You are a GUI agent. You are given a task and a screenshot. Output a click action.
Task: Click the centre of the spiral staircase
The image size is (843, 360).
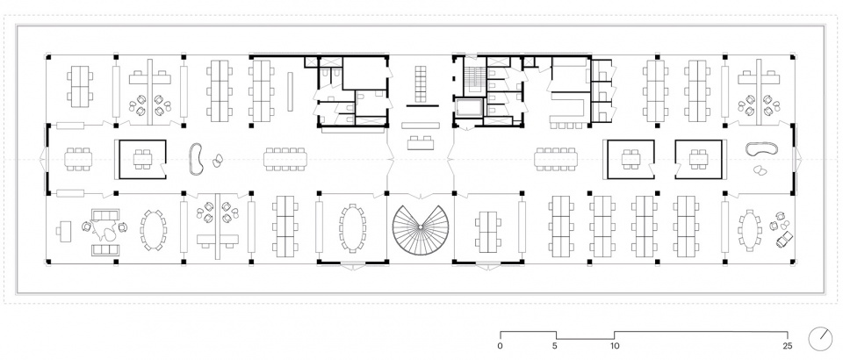point(420,229)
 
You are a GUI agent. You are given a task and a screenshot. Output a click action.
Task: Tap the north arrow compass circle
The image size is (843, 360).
point(820,339)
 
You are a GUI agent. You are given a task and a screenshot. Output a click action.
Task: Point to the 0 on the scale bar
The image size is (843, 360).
point(501,346)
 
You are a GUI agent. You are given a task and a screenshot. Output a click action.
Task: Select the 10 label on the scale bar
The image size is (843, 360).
point(615,346)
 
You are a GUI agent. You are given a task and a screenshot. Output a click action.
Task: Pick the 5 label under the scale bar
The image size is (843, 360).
point(556,346)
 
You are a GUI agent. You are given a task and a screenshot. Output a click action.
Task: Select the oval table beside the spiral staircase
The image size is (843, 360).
point(353,227)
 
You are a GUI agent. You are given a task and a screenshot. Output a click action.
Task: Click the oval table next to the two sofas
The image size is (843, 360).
point(153,230)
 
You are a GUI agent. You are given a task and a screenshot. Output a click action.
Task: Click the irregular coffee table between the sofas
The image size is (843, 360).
point(104,230)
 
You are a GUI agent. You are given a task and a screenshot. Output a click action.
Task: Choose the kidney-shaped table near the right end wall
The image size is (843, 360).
point(762,150)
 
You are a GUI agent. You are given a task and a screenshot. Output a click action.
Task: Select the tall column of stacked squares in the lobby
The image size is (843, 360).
point(421,83)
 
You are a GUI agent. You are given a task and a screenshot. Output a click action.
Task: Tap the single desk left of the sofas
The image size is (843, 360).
point(64,231)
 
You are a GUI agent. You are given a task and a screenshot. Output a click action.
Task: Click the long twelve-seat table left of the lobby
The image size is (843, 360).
point(284,159)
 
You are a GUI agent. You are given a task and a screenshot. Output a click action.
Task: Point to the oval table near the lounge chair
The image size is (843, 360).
point(749,230)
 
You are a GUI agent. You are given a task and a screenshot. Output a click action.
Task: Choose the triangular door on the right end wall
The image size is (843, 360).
point(798,159)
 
